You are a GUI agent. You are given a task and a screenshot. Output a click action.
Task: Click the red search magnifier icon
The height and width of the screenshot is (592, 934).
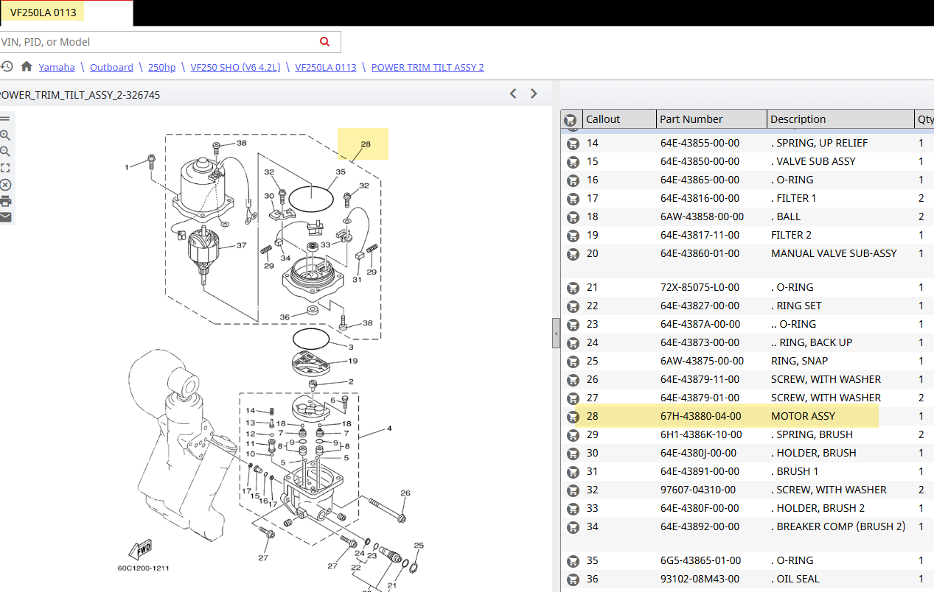coord(324,42)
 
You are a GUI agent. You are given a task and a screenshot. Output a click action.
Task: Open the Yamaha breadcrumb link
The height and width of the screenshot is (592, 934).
coord(57,67)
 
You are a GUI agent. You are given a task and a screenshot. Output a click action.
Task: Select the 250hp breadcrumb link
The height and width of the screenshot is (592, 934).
coord(161,67)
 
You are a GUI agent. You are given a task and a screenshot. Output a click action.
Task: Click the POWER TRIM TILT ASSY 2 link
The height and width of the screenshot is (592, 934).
coord(428,67)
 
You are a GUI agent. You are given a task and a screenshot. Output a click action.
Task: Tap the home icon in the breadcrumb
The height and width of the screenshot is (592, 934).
coord(27,66)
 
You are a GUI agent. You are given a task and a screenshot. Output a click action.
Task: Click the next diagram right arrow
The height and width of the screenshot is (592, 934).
coord(534,94)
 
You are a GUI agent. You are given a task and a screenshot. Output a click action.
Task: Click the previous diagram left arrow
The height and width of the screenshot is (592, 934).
coord(513,94)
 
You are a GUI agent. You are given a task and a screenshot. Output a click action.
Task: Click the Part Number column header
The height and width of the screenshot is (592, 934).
coord(691,119)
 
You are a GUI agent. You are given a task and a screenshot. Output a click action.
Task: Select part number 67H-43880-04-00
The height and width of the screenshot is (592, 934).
coord(701,416)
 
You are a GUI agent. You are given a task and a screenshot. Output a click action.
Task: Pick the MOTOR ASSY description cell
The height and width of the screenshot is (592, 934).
coord(803,416)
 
